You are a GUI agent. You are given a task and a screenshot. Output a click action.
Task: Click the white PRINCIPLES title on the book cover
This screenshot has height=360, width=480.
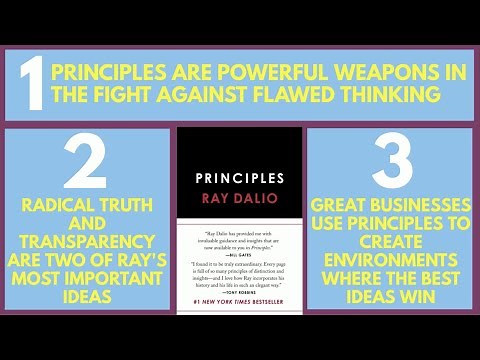point(239,178)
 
